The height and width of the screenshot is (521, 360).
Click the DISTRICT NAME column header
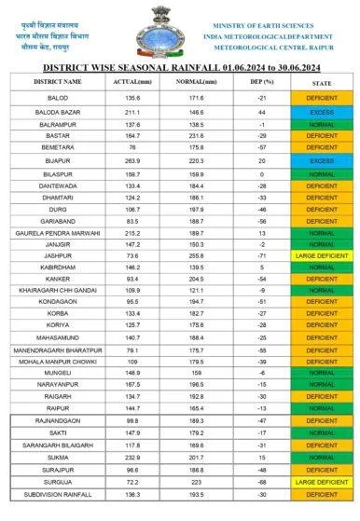(58, 82)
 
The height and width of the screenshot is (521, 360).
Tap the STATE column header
(322, 82)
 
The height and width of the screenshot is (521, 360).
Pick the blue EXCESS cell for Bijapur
(322, 159)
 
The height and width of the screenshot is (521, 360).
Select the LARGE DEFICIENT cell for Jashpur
(322, 254)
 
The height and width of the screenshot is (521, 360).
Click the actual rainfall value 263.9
(126, 159)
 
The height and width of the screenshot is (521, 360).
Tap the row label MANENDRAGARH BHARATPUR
(58, 350)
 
